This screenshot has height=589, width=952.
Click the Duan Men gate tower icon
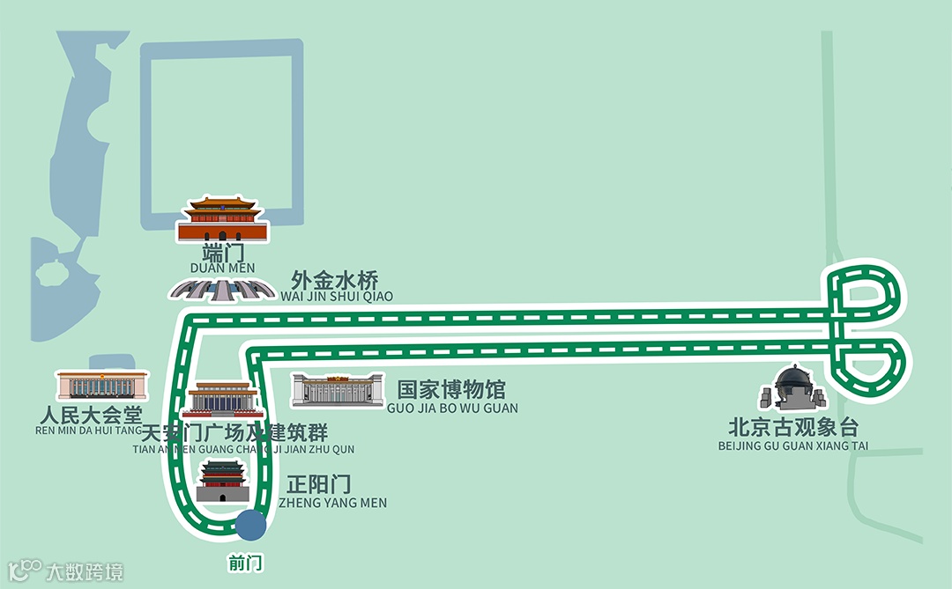(x=222, y=219)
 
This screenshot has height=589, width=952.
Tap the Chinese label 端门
(x=222, y=253)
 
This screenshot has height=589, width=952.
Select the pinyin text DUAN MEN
(x=222, y=268)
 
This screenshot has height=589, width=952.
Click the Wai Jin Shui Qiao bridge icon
(x=221, y=289)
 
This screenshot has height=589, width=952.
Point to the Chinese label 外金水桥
(x=335, y=281)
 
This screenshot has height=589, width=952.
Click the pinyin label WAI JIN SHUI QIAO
(x=337, y=297)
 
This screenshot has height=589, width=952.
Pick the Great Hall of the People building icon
(x=101, y=386)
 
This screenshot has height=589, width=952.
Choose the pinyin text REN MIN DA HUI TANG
(x=88, y=431)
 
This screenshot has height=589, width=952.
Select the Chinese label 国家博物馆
(x=451, y=390)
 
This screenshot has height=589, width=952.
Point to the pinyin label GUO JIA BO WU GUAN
(x=452, y=409)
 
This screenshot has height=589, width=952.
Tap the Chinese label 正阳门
(x=319, y=486)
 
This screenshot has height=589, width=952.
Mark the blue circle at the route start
(x=250, y=525)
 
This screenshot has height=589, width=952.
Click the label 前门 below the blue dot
(x=245, y=563)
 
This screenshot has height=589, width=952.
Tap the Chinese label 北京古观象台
(x=793, y=428)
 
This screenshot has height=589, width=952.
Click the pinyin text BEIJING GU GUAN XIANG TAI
(x=793, y=446)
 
